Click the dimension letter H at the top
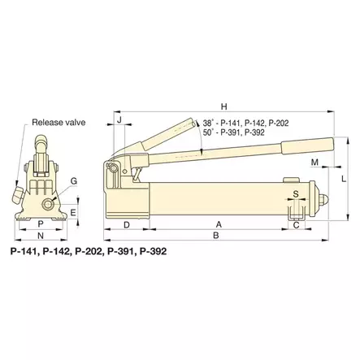click(x=223, y=106)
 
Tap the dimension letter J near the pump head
click(x=119, y=120)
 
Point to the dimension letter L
click(x=344, y=178)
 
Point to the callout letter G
click(x=73, y=180)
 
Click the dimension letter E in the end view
click(x=72, y=212)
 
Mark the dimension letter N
click(x=40, y=236)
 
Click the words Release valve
click(x=58, y=123)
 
